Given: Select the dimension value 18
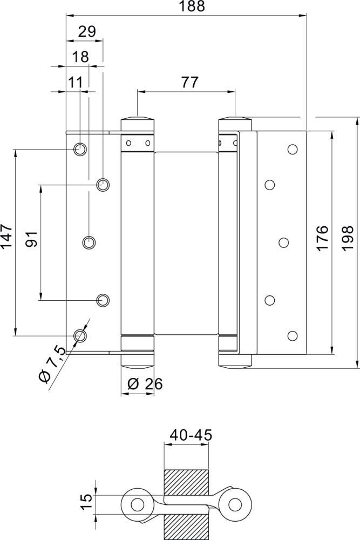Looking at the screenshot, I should pos(79,57).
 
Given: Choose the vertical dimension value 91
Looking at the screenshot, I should pos(31,239).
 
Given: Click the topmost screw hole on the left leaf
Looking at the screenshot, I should pos(79,148).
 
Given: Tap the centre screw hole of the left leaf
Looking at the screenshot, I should pos(89,242).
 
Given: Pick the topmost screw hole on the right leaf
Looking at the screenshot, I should pos(293,148).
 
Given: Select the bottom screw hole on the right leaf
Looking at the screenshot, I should pos(293,335).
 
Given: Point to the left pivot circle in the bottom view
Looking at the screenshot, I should pos(137,504).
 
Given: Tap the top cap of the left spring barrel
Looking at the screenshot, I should pos(138,122).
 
